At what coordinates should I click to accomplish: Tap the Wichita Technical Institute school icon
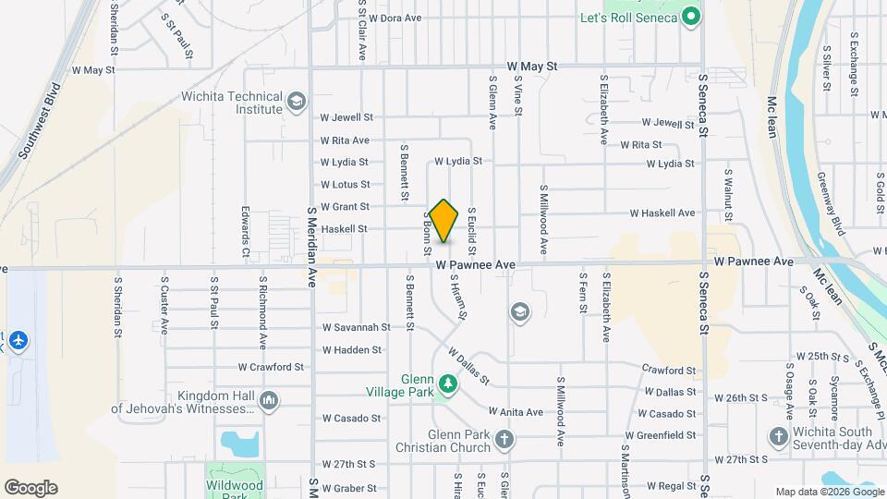[x=297, y=101]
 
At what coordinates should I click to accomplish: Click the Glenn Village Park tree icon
[x=448, y=383]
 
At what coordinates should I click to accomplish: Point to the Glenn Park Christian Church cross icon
[x=504, y=442]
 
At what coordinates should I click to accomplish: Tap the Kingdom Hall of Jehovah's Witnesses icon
[x=270, y=400]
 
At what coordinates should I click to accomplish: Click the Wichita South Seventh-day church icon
[x=778, y=436]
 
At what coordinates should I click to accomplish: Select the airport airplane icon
[x=18, y=341]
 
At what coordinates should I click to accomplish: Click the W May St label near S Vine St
[x=532, y=67]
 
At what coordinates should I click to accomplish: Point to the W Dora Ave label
[x=395, y=18]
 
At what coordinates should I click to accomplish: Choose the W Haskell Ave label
[x=662, y=213]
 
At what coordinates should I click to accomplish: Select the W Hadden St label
[x=352, y=350]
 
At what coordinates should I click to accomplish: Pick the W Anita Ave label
[x=516, y=412]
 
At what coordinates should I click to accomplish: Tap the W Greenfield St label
[x=660, y=435]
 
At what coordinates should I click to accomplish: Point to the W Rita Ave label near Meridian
[x=345, y=140]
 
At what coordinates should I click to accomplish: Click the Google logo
[x=30, y=488]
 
